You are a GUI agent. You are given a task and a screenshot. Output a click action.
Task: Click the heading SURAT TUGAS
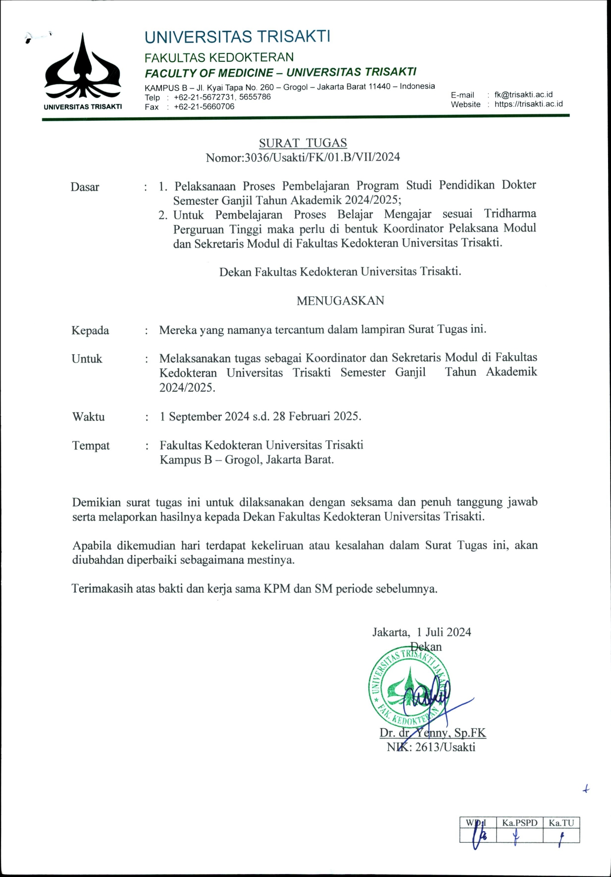point(303,143)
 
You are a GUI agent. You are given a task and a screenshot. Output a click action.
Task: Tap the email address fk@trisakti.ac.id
point(523,94)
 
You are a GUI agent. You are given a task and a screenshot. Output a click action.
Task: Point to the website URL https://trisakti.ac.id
point(528,104)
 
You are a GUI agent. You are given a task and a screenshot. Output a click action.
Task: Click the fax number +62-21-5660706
point(204,107)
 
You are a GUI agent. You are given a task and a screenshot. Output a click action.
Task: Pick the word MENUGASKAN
point(340,301)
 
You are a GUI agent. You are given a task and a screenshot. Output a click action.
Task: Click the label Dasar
point(85,187)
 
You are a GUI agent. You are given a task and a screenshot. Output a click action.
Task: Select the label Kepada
point(90,330)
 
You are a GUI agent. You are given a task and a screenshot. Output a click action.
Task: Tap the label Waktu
point(89,416)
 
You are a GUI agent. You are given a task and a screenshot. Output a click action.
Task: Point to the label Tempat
point(91,446)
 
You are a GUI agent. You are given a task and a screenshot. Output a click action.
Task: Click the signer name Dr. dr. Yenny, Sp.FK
point(433,733)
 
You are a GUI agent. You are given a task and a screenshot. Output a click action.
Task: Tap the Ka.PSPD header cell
point(519,823)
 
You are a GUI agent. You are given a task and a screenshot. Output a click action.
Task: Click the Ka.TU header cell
point(561,823)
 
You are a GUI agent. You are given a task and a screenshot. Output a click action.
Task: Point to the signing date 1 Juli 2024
point(444,632)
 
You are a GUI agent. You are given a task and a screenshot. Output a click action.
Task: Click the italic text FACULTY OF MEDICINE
point(208,73)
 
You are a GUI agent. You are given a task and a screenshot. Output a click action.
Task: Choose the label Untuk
point(87,359)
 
